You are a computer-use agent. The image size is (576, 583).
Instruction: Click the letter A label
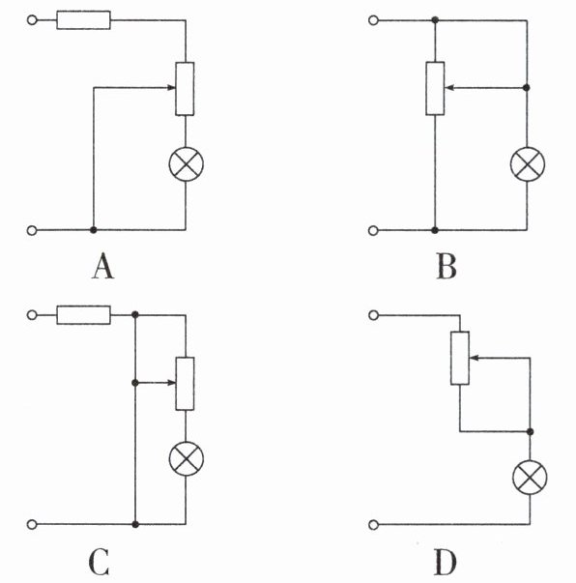point(103,266)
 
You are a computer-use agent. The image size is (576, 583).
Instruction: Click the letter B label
point(446,266)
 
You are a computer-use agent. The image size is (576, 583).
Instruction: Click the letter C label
point(100,562)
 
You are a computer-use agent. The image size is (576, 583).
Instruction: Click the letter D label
point(446,562)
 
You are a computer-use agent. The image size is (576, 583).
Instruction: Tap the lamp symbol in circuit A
point(187,164)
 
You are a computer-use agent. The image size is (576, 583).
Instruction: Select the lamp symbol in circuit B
point(528,164)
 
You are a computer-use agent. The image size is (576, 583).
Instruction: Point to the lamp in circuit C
point(187,458)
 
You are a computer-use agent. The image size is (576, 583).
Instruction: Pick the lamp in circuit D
point(530,477)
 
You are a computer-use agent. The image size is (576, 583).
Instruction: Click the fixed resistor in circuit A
point(84,20)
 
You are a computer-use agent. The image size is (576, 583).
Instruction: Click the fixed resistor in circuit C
point(84,315)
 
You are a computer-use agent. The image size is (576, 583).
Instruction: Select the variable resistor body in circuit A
point(185,89)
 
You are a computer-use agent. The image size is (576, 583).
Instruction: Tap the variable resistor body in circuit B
point(435,88)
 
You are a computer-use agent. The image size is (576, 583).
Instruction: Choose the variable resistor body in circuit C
point(185,383)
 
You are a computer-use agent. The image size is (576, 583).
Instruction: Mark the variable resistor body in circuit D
point(460,358)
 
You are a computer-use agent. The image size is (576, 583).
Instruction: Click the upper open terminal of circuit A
point(32,20)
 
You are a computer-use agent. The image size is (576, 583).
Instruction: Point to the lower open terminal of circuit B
point(373,230)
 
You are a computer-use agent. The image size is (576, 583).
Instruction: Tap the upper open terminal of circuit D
point(373,315)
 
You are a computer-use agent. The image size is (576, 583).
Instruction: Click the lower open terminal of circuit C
point(32,524)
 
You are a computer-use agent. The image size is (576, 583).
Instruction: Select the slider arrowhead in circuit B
point(448,88)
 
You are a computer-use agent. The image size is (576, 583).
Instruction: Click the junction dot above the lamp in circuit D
point(531,431)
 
